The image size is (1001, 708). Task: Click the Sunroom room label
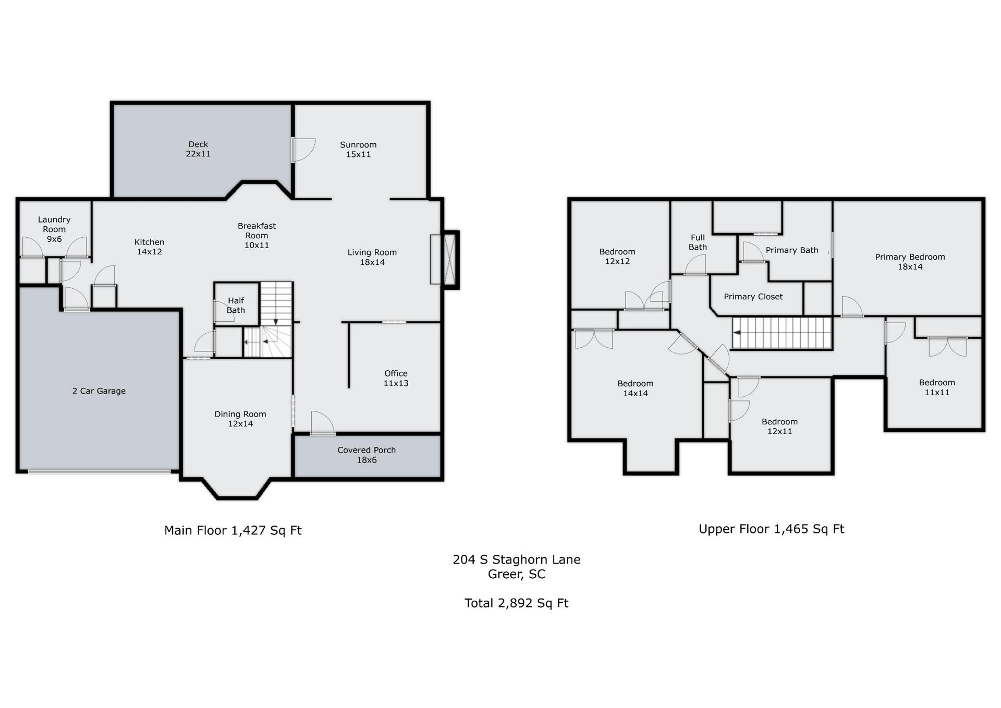pyautogui.click(x=358, y=149)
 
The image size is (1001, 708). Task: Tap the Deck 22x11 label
pyautogui.click(x=198, y=149)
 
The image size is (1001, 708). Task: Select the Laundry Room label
pyautogui.click(x=54, y=229)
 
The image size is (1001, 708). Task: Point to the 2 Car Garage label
pyautogui.click(x=99, y=391)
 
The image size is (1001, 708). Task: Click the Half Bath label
pyautogui.click(x=236, y=305)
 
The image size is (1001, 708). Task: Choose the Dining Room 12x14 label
pyautogui.click(x=240, y=419)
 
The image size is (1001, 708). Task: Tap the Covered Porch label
pyautogui.click(x=367, y=455)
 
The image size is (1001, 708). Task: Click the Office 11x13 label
pyautogui.click(x=396, y=378)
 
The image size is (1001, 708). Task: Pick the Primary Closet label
pyautogui.click(x=753, y=297)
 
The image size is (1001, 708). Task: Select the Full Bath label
pyautogui.click(x=698, y=242)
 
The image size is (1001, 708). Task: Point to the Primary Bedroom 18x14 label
pyautogui.click(x=910, y=262)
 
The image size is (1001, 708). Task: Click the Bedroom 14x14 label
pyautogui.click(x=636, y=388)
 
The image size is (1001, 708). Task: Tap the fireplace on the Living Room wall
pyautogui.click(x=444, y=260)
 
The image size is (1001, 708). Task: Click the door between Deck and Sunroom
pyautogui.click(x=303, y=150)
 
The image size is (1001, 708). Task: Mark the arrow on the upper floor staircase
pyautogui.click(x=737, y=332)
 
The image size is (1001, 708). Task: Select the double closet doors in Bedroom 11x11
pyautogui.click(x=948, y=347)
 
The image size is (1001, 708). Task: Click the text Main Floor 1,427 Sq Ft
pyautogui.click(x=233, y=530)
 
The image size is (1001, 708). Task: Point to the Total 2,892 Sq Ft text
pyautogui.click(x=516, y=603)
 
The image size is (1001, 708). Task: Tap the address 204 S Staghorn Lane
pyautogui.click(x=516, y=559)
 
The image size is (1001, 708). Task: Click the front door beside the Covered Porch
pyautogui.click(x=323, y=423)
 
